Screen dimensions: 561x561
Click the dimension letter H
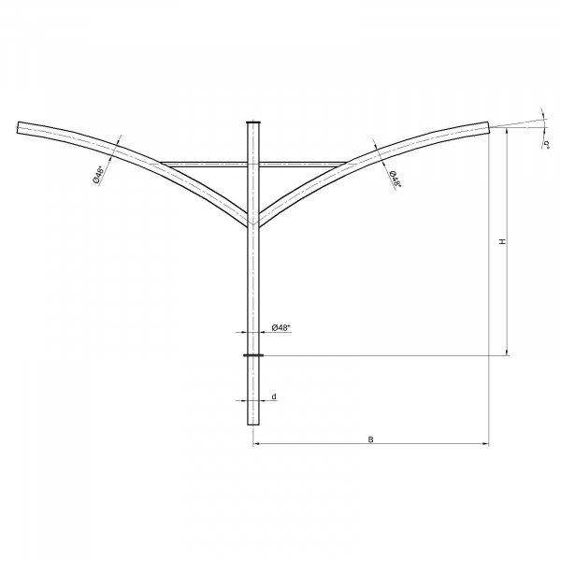[x=503, y=241]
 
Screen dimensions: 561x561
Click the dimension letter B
[x=370, y=439]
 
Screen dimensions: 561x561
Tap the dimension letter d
[x=274, y=396]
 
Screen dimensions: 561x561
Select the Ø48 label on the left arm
[x=99, y=174]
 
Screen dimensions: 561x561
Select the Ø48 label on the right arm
[x=395, y=179]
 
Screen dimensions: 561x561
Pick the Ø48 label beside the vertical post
[x=280, y=327]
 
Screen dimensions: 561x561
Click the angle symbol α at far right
[x=546, y=145]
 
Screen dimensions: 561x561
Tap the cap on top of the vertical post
[x=253, y=122]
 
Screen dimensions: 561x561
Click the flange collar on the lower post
[x=253, y=355]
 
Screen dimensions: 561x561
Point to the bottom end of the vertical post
[x=253, y=424]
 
